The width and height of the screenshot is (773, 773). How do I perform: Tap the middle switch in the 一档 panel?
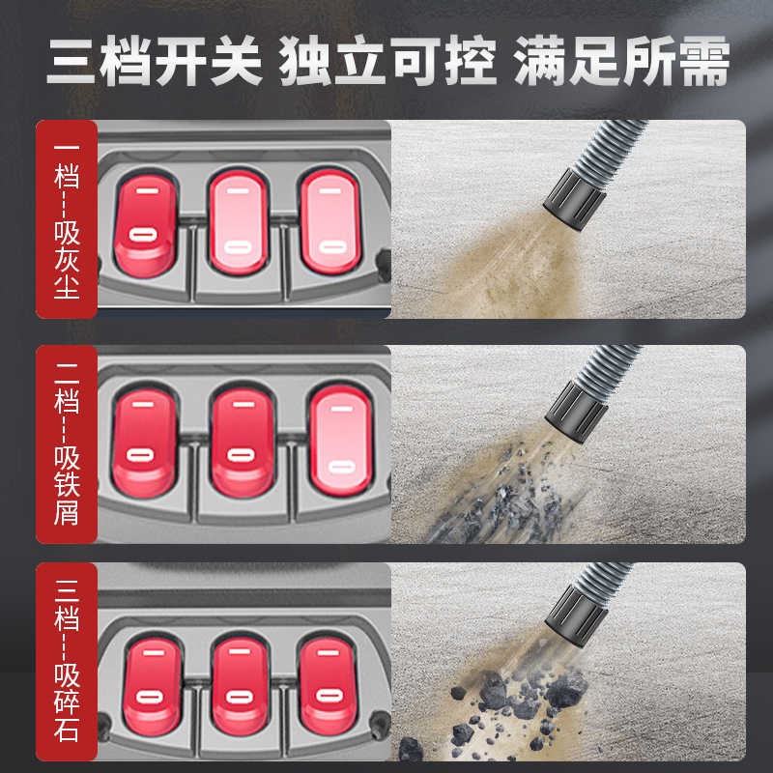(x=239, y=222)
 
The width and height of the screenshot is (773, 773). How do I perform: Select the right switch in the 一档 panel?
(x=330, y=222)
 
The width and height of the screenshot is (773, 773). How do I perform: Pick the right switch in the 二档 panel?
(x=341, y=441)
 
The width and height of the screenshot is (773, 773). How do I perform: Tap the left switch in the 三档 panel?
(x=153, y=686)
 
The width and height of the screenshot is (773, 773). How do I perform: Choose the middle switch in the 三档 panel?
(x=240, y=685)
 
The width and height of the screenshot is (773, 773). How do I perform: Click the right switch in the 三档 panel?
(x=328, y=685)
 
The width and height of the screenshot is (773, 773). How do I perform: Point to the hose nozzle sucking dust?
(x=575, y=199)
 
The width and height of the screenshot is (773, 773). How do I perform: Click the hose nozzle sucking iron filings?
(x=576, y=412)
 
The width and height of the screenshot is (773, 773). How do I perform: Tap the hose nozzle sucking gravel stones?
(x=576, y=616)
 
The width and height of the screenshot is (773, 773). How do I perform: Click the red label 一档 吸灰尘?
(x=67, y=219)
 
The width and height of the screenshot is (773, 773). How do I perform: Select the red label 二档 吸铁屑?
(x=67, y=444)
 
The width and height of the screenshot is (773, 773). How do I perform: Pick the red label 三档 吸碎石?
(x=67, y=662)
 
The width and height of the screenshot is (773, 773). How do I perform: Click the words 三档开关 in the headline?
(x=155, y=61)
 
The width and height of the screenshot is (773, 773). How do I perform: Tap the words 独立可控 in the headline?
(x=387, y=61)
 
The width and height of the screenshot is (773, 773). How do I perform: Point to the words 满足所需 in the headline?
(x=621, y=61)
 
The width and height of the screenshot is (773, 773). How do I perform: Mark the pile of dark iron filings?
(x=498, y=498)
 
